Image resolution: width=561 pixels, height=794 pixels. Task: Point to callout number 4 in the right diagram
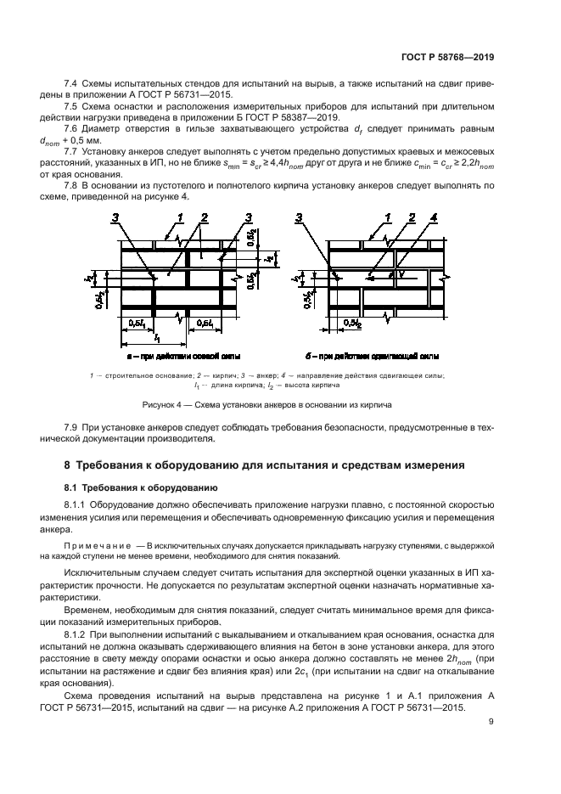tap(433, 219)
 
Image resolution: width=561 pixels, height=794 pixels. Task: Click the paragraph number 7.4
tap(71, 84)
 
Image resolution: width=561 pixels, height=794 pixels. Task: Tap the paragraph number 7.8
tap(71, 184)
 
